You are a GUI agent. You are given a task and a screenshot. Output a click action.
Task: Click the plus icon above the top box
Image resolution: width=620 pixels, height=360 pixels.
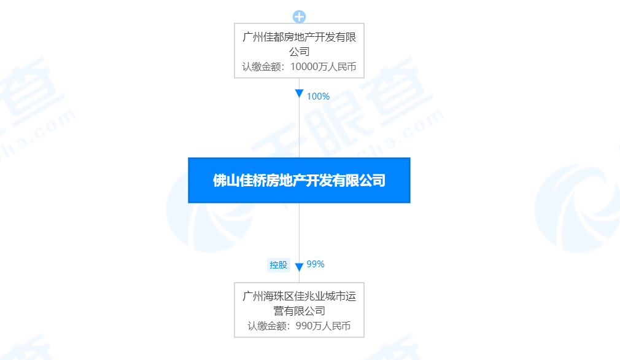click(299, 17)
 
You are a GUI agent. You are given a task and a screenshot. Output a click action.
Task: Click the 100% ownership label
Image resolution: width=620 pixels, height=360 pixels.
click(318, 96)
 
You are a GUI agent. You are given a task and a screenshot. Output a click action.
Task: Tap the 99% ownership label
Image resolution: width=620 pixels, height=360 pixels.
click(315, 264)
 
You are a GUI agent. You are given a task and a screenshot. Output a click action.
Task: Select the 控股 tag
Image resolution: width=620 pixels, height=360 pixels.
click(278, 265)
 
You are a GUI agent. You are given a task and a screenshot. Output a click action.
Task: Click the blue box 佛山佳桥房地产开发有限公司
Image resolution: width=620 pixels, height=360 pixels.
click(299, 180)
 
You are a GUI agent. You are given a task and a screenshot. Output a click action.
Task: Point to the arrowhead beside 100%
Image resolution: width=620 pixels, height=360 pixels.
click(299, 94)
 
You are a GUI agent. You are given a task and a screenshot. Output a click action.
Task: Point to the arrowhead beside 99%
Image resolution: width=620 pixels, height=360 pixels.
click(299, 267)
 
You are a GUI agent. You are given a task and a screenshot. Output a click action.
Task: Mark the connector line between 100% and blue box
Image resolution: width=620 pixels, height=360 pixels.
click(299, 129)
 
